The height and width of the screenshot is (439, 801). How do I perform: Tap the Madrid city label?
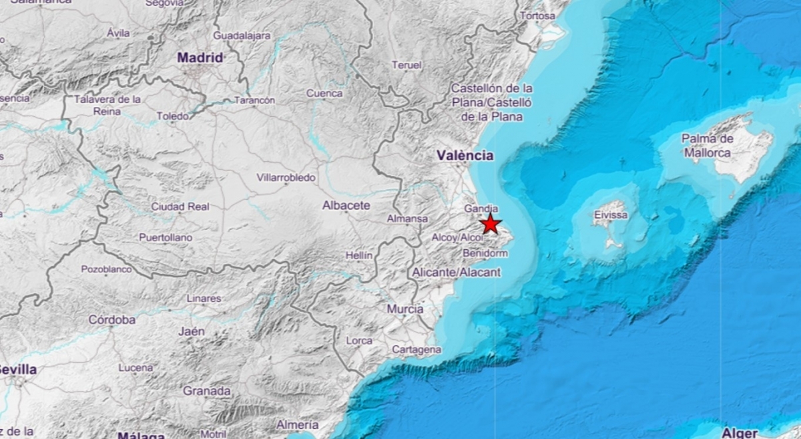200,58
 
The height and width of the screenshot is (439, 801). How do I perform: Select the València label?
465,156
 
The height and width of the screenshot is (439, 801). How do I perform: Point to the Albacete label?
346,206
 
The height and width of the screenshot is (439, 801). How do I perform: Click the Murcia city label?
405,309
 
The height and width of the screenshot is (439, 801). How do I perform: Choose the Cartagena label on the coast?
417,349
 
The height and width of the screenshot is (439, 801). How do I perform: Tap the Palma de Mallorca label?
707,146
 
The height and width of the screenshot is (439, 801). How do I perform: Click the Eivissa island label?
611,215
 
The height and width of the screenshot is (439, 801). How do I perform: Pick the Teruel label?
407,65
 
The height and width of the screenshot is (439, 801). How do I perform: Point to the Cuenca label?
324,94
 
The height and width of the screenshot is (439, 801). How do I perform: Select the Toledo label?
173,116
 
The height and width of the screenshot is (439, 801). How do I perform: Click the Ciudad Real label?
180,206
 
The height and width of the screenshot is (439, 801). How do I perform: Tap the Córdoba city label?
112,320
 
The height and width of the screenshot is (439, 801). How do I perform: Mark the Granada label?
207,391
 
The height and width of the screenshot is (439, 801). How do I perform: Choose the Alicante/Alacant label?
456,272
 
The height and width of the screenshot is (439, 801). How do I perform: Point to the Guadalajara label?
242,35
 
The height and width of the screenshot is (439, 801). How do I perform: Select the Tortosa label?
537,15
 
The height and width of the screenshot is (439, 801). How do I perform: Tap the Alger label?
740,432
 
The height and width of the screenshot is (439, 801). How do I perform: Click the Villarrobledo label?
286,178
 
